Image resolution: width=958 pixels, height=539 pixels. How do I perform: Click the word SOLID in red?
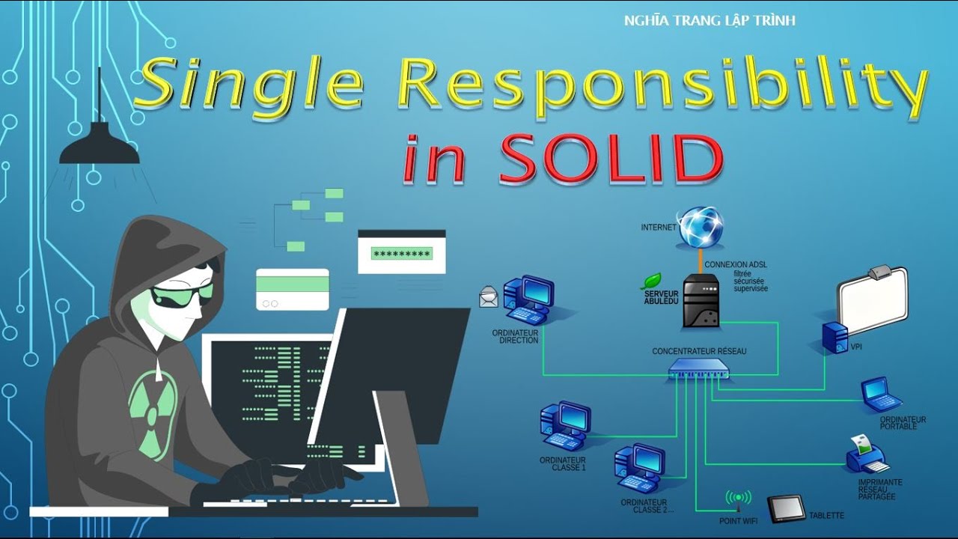click(611, 159)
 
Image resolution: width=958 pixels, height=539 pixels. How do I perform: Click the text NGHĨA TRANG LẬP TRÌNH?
click(709, 21)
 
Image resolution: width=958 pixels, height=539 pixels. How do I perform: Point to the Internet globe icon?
click(701, 228)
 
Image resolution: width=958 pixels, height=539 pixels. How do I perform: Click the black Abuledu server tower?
click(701, 299)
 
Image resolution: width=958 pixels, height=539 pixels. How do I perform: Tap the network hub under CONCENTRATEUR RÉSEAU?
click(698, 368)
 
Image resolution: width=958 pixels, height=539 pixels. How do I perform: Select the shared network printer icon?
click(867, 454)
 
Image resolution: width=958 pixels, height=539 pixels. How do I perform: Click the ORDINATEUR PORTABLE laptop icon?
click(881, 395)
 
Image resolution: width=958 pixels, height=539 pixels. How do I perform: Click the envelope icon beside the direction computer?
click(489, 297)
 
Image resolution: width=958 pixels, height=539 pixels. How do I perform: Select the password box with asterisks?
click(401, 253)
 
